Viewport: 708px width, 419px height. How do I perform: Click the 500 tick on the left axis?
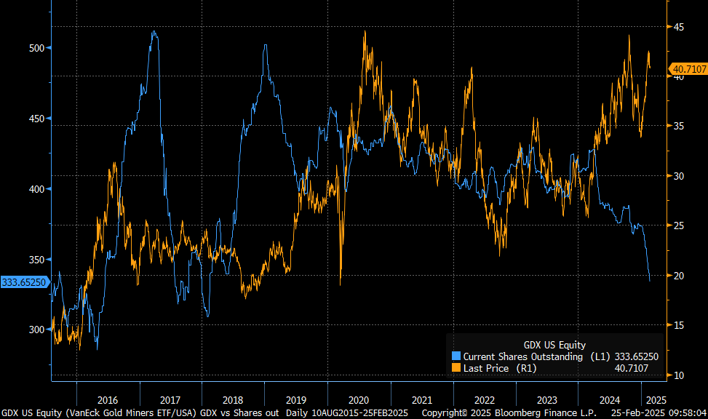[x=36, y=48]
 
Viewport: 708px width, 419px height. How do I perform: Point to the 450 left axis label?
[x=36, y=119]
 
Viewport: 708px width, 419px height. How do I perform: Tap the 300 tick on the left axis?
[x=36, y=330]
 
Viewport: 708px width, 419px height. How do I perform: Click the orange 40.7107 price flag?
[x=688, y=69]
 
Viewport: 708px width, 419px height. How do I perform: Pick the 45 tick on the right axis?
[x=678, y=27]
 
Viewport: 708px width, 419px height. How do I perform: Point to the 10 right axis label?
[x=678, y=375]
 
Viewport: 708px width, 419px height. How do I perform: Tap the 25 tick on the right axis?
[x=678, y=226]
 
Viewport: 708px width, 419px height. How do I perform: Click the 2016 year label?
[x=108, y=400]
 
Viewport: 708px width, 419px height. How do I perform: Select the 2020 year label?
[x=359, y=400]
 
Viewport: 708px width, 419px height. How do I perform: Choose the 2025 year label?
[x=656, y=400]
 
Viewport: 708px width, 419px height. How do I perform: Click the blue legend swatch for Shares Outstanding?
[x=456, y=356]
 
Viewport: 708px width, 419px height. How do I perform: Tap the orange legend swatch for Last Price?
[x=456, y=368]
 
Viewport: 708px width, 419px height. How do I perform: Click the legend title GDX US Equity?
[x=554, y=345]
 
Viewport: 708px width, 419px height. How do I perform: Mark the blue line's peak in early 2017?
[x=154, y=31]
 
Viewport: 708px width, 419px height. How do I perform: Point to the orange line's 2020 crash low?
[x=340, y=284]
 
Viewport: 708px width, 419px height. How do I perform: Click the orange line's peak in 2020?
[x=365, y=31]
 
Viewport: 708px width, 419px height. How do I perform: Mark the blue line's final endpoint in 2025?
[x=650, y=281]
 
